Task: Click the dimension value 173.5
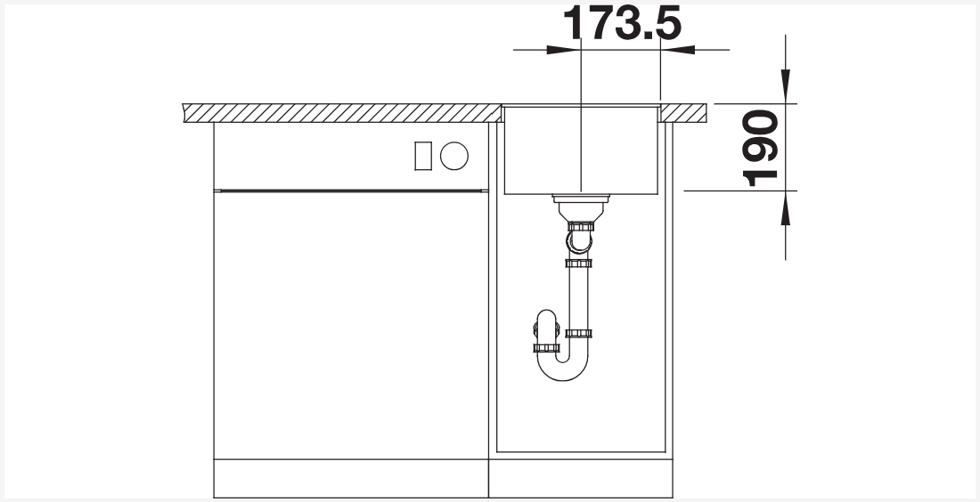pos(622,23)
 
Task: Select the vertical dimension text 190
pos(761,149)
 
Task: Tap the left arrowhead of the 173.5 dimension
pos(562,49)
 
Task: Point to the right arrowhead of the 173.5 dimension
pos(678,49)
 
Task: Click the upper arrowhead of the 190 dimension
pos(786,86)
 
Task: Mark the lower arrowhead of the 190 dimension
pos(786,208)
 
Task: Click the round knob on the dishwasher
pos(454,156)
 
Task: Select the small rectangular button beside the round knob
pos(423,156)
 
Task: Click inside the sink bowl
pos(581,150)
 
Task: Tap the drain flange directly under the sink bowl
pos(581,199)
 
